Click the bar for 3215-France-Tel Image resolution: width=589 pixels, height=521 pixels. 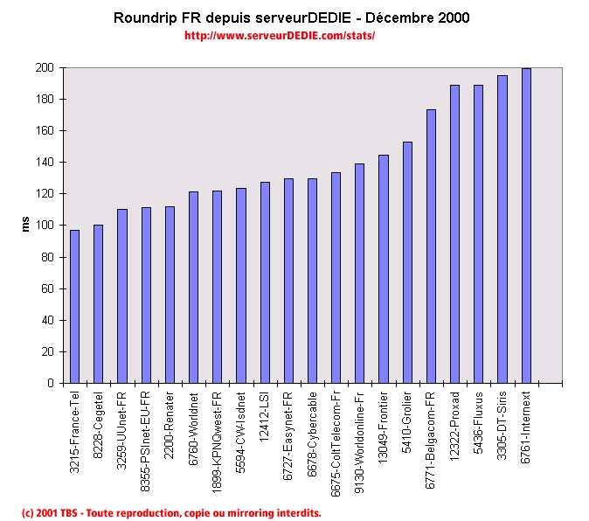pos(74,306)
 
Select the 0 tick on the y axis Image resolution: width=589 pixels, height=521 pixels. pos(52,383)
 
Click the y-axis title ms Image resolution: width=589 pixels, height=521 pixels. pos(25,225)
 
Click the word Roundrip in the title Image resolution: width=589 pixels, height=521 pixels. pos(145,17)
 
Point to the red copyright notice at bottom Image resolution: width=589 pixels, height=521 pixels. pos(171,512)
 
